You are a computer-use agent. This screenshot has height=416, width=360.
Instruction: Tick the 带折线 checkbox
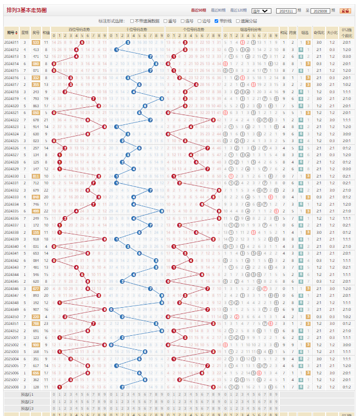point(217,20)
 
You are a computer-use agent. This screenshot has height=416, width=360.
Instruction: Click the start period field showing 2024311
point(287,10)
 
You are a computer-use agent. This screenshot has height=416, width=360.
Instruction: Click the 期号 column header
point(11,32)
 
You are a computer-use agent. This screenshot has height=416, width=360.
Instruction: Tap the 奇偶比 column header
point(318,32)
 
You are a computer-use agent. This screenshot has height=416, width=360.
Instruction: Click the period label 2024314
point(11,64)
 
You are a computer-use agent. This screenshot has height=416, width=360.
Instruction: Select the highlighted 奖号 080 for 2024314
point(36,64)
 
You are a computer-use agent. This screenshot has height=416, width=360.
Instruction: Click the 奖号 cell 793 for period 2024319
point(36,98)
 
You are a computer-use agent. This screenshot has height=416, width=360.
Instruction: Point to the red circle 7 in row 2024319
point(93,98)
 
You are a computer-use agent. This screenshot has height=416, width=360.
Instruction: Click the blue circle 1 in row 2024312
point(116,49)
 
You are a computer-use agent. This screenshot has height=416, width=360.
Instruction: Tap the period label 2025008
point(11,387)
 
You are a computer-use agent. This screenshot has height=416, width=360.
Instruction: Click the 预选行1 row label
point(27,395)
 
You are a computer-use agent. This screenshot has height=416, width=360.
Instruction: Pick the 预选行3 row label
point(27,409)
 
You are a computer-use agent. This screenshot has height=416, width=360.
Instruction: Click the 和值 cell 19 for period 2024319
point(46,98)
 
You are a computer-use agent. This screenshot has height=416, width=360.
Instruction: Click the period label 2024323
point(11,127)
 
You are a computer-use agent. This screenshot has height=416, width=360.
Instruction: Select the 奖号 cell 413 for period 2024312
point(36,49)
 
